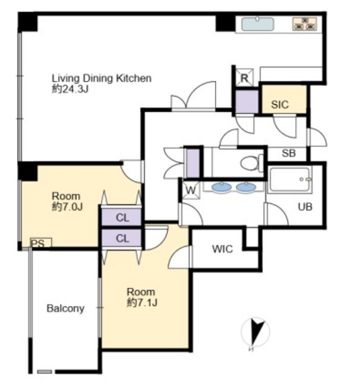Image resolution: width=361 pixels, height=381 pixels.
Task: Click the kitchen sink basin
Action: click(258, 24)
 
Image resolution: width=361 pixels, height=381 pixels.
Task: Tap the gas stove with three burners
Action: click(304, 24)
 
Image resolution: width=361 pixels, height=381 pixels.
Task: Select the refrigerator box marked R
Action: click(244, 77)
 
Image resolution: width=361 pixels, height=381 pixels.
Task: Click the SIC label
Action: click(280, 105)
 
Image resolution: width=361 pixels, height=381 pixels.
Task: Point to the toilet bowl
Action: click(250, 163)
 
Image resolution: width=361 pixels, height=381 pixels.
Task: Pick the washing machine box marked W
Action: click(191, 190)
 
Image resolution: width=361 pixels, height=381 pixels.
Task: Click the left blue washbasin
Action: click(222, 188)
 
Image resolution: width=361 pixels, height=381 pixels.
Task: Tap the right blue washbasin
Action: click(246, 188)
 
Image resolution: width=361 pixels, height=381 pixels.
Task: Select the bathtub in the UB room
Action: click(290, 179)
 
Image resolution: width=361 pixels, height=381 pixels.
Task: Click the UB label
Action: click(305, 207)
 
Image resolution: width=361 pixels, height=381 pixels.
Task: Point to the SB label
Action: click(288, 153)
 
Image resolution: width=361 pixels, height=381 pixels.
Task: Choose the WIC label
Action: click(222, 249)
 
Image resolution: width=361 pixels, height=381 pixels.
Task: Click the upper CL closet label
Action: click(123, 218)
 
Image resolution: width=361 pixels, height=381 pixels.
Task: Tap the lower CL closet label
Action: click(123, 238)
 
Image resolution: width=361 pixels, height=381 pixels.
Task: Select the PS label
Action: click(38, 243)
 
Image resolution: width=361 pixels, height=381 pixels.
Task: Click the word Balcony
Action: click(66, 308)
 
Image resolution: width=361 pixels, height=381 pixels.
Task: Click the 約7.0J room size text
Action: click(67, 207)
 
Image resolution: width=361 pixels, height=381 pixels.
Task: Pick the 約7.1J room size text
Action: click(142, 303)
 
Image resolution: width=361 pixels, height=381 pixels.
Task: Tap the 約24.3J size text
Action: click(70, 89)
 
